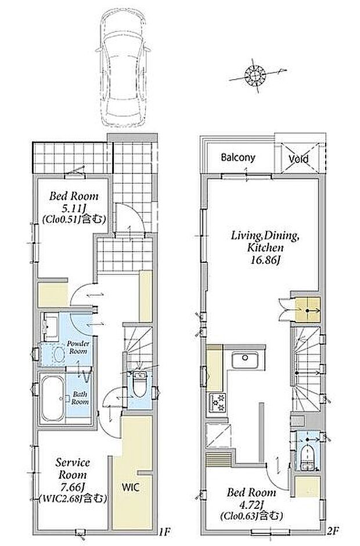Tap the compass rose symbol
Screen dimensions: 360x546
point(255,75)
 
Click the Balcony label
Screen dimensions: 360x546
point(238,157)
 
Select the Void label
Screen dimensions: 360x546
point(298,159)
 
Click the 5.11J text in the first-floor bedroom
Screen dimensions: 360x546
point(74,208)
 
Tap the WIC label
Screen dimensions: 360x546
point(130,487)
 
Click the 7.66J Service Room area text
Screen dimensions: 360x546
point(73,486)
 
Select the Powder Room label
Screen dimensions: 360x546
point(78,348)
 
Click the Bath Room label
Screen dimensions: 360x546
point(80,398)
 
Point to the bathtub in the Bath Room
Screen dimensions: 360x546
point(53,399)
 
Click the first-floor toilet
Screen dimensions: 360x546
point(140,385)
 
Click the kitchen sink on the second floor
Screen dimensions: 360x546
point(245,360)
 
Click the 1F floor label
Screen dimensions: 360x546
point(164,531)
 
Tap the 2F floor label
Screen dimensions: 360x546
point(333,531)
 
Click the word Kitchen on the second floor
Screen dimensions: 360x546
point(265,248)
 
